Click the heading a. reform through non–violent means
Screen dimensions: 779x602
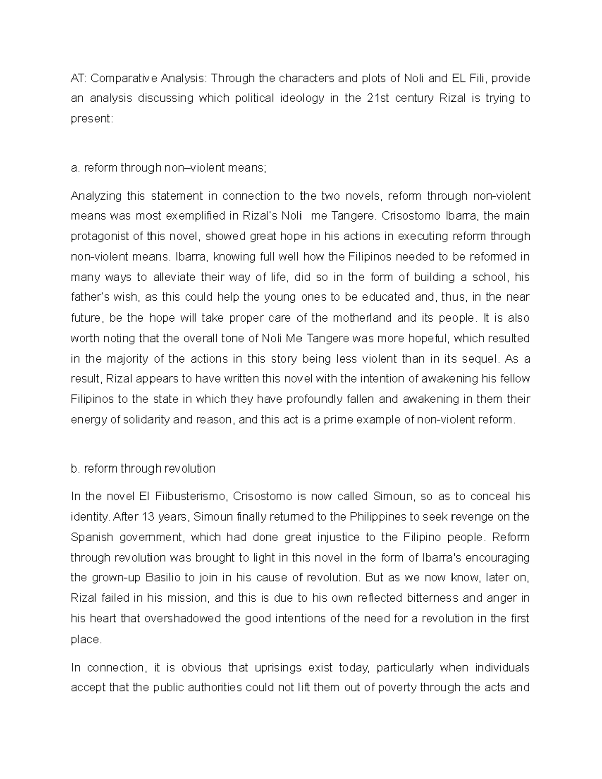pyautogui.click(x=169, y=168)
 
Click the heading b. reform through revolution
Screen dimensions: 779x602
pyautogui.click(x=143, y=469)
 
